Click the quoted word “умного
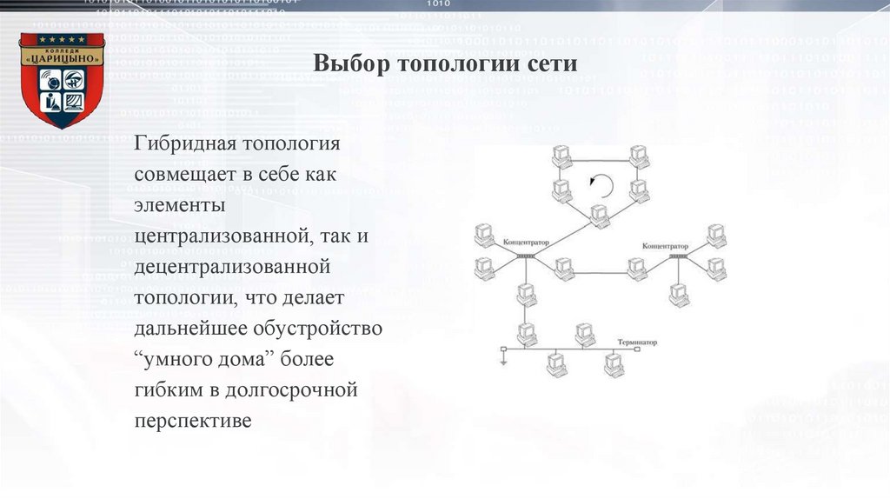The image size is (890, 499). pos(175,359)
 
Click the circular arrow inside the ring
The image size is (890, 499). pos(600,184)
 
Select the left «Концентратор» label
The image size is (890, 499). pos(523,238)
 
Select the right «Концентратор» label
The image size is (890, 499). pos(665,247)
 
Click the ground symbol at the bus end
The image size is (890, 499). pos(502,356)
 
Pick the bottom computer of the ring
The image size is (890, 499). pos(598,215)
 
